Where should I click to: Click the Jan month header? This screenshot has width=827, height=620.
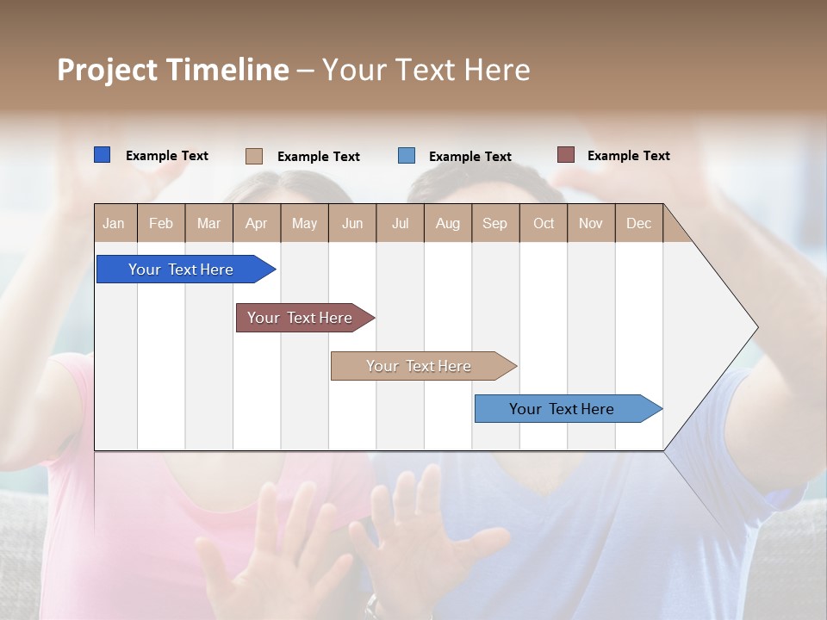(115, 223)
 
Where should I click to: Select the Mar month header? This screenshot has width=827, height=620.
(208, 223)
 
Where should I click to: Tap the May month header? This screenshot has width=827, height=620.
(304, 223)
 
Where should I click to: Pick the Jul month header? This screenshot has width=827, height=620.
(400, 223)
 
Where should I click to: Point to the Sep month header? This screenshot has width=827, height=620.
(494, 223)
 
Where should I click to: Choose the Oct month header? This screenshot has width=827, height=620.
(544, 223)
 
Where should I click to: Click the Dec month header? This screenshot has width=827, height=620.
(638, 223)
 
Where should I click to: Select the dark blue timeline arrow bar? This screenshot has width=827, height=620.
(182, 270)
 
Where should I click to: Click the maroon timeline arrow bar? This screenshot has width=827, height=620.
(301, 318)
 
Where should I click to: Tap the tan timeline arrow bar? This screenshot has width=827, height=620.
(420, 366)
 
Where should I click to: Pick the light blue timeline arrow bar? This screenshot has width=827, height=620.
(563, 409)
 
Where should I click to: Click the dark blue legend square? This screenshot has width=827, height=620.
(102, 155)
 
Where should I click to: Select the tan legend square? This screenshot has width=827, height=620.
(253, 156)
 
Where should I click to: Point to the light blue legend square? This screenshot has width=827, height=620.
(407, 156)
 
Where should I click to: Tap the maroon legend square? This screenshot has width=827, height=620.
(565, 155)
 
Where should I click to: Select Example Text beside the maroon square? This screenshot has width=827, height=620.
(628, 156)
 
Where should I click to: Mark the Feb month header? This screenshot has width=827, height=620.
(161, 223)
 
